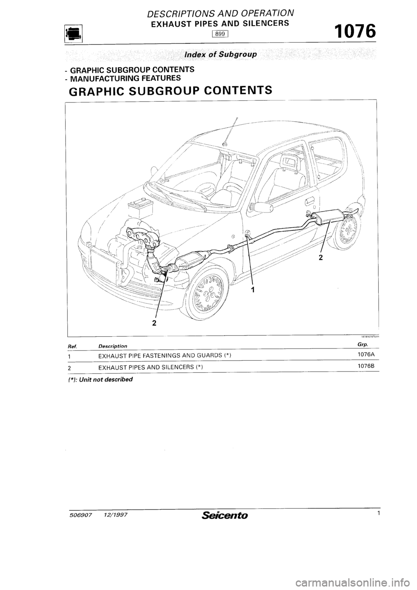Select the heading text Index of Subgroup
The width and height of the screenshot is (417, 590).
(221, 55)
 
